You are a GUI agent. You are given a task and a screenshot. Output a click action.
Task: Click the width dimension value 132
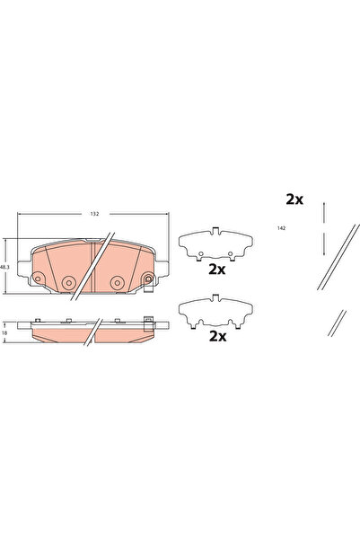[x=93, y=215]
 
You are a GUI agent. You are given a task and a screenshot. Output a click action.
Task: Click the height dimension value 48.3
[x=4, y=267]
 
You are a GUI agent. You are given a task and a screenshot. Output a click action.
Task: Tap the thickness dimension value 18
[x=4, y=332]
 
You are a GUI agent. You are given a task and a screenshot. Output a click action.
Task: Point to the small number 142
[x=281, y=229]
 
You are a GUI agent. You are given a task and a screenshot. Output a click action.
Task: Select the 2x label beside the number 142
[x=294, y=199]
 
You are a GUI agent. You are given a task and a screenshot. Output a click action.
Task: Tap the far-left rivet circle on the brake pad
[x=40, y=273]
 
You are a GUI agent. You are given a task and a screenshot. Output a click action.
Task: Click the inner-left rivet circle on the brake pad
[x=67, y=283]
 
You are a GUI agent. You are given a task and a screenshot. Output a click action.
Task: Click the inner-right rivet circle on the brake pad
[x=117, y=283]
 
